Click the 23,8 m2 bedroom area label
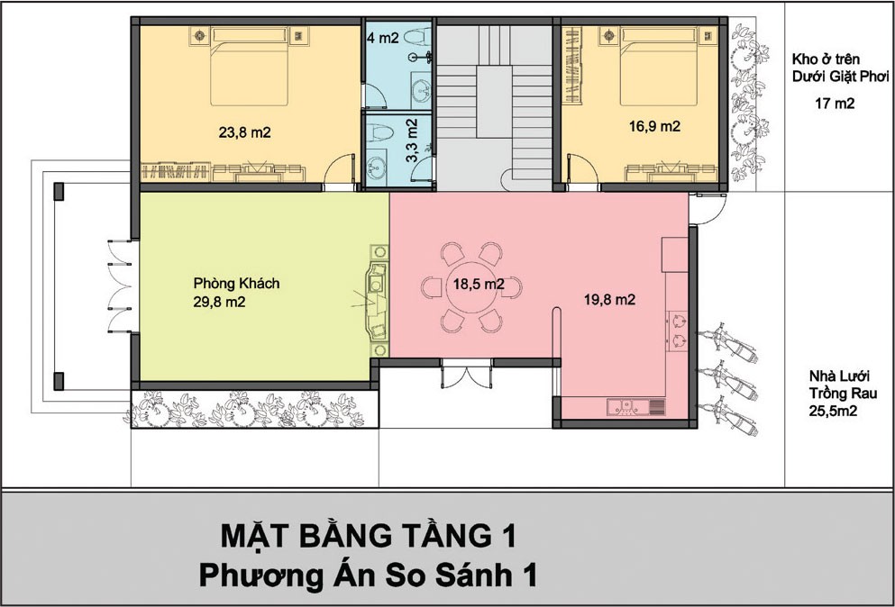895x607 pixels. [244, 133]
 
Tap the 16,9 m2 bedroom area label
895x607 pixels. [654, 126]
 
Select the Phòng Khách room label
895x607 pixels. [236, 284]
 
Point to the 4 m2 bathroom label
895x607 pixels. [382, 38]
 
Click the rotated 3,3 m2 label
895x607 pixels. [412, 140]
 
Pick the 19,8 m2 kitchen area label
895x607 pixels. [609, 300]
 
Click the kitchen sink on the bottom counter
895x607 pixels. [629, 406]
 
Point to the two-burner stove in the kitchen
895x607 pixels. [678, 331]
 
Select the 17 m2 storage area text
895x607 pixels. [835, 104]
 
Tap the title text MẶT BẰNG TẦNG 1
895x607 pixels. [368, 536]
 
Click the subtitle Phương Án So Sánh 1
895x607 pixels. [368, 575]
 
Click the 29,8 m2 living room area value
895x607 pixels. [219, 303]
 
